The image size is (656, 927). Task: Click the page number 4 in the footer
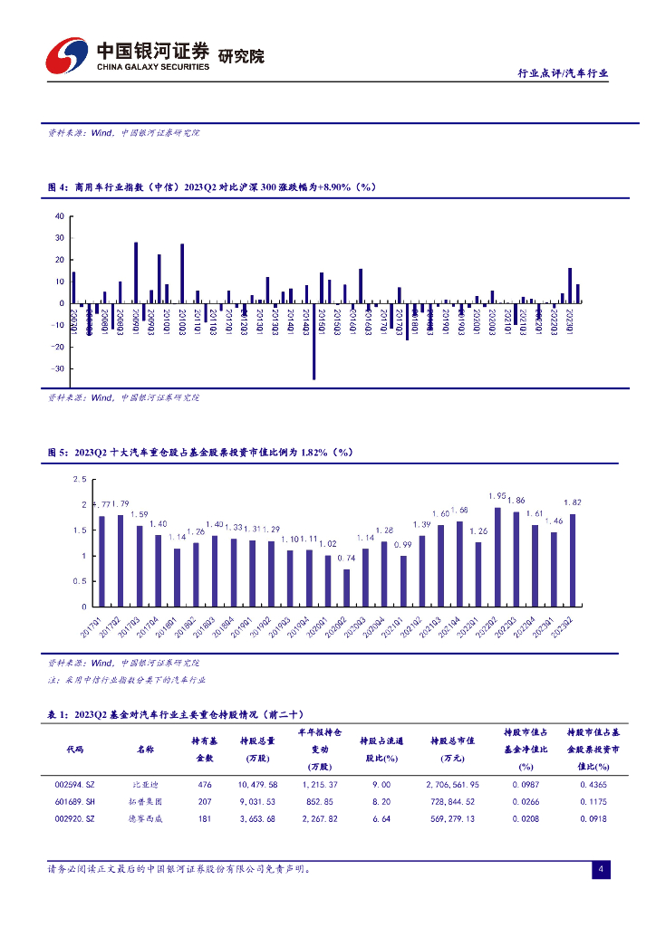600,870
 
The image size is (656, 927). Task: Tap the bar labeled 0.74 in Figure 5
346,588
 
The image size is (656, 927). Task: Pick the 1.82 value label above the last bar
573,502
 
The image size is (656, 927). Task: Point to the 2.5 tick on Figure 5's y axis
79,479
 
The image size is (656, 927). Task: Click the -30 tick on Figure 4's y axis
59,368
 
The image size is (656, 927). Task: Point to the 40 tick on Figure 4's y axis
60,216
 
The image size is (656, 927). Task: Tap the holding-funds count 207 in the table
205,801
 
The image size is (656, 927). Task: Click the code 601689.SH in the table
75,801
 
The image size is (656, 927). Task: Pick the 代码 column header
75,750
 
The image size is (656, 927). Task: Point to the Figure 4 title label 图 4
57,186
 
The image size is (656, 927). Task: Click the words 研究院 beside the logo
242,56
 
